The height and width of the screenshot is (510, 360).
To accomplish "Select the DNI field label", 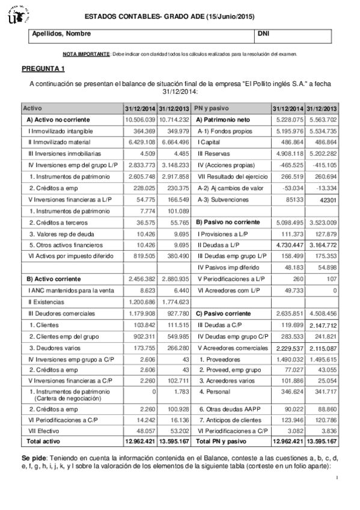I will (263, 34).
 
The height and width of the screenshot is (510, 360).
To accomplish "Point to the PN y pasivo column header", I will (211, 108).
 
